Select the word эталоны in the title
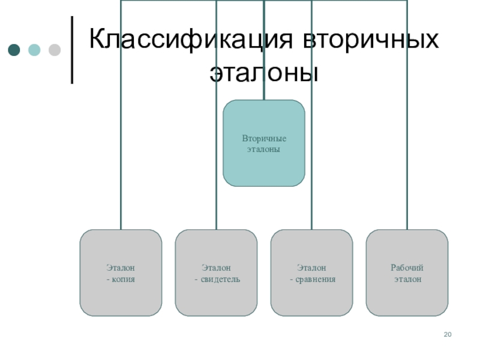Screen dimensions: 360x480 (263, 73)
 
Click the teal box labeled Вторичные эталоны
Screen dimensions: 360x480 (263, 143)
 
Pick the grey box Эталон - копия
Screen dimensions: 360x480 (121, 272)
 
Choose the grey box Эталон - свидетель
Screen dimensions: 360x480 (216, 272)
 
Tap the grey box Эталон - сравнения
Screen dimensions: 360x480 (311, 272)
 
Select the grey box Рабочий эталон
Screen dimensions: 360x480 (407, 272)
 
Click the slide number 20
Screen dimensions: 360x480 (447, 334)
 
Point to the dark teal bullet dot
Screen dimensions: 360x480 (14, 50)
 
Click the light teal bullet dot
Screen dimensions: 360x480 (34, 50)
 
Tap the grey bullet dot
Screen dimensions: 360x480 (54, 50)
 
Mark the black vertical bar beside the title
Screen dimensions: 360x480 (73, 49)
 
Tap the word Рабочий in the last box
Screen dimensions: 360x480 (407, 268)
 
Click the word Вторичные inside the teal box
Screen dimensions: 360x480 (264, 139)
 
